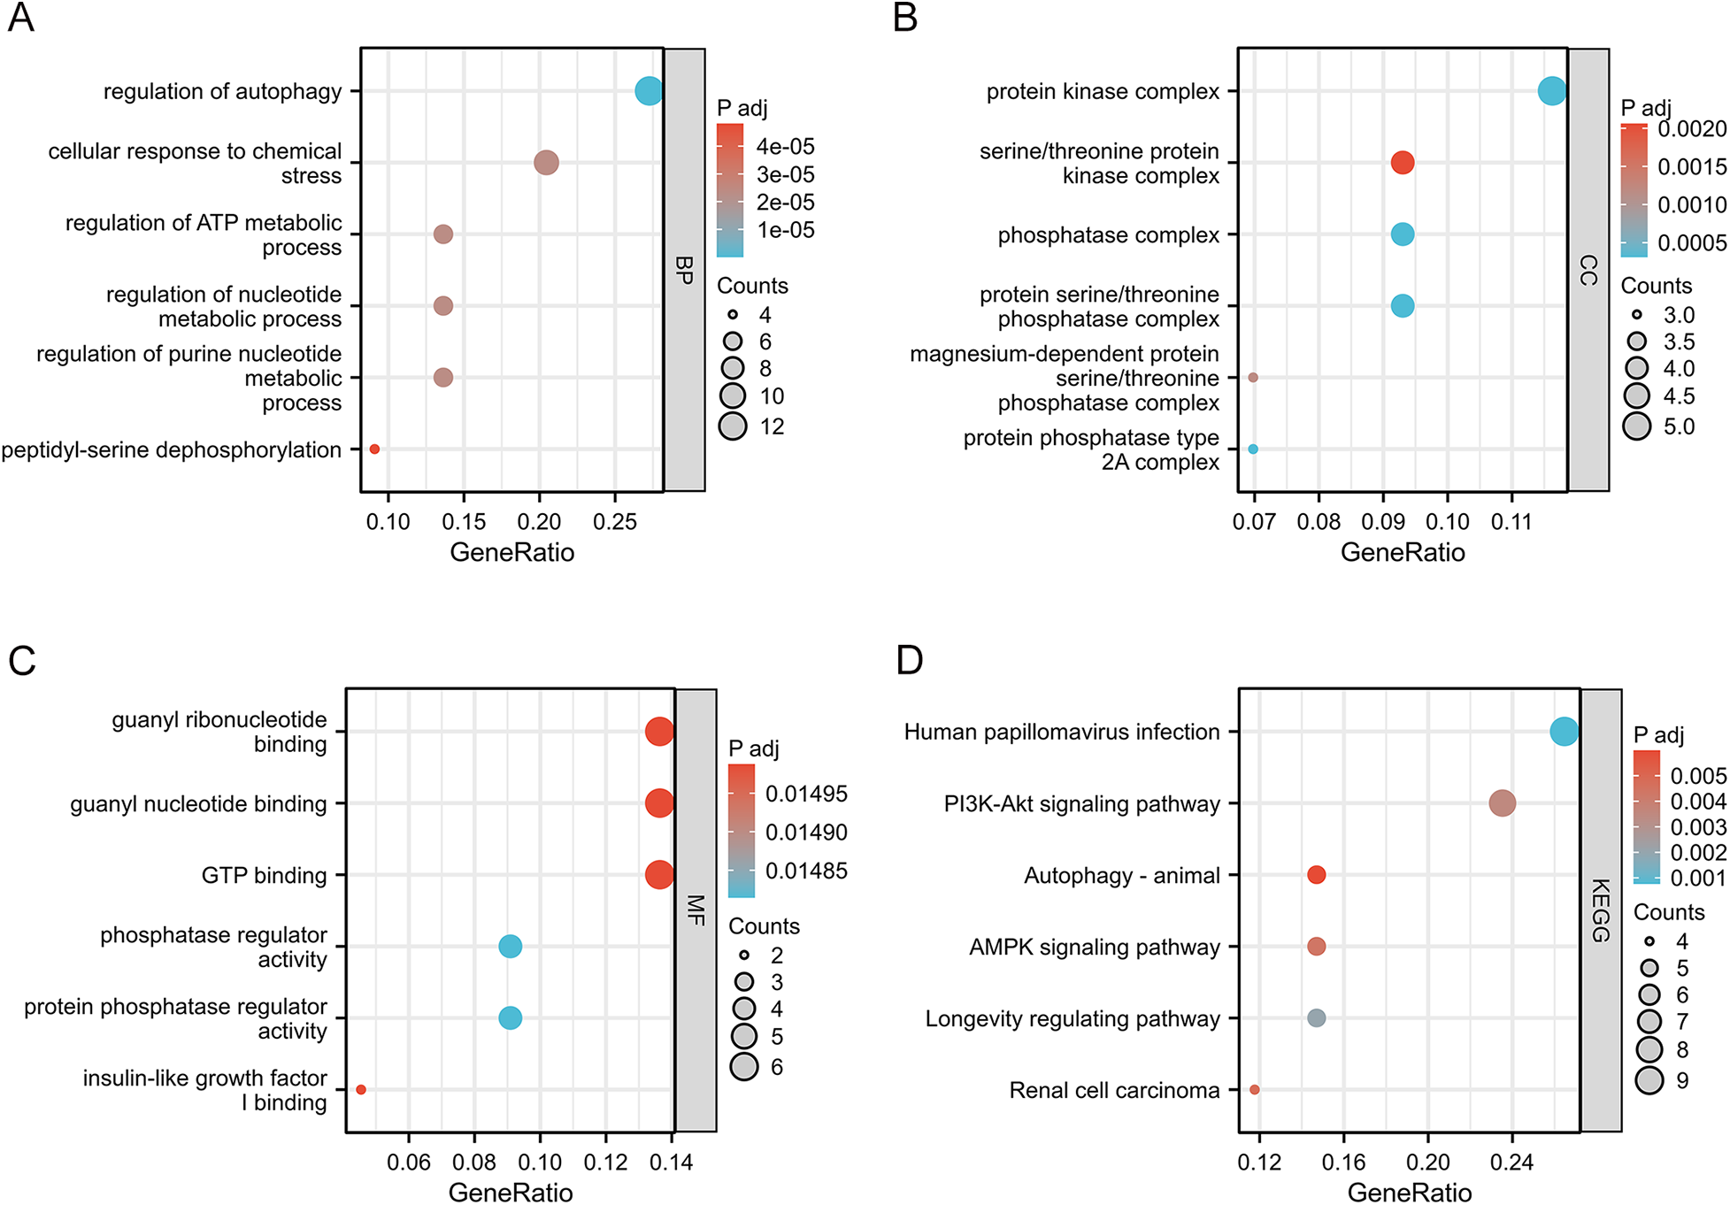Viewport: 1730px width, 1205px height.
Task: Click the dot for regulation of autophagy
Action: tap(649, 91)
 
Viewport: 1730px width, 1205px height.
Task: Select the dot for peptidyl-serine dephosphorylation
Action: tap(374, 449)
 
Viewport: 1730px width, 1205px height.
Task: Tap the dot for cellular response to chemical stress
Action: tap(546, 163)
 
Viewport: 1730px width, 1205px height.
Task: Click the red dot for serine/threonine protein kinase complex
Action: tap(1402, 163)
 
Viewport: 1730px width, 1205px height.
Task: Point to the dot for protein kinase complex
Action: tap(1551, 91)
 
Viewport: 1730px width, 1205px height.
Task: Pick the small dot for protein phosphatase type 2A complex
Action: tap(1253, 449)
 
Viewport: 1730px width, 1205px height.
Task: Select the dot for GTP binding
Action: tap(658, 875)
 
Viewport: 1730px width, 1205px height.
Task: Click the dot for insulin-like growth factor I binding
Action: tap(361, 1090)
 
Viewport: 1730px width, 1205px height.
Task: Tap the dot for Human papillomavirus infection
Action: tap(1564, 732)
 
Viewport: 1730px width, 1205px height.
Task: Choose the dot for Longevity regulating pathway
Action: tap(1316, 1018)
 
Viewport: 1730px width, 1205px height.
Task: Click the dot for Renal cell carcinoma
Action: tap(1255, 1090)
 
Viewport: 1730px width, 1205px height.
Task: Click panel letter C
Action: tap(22, 662)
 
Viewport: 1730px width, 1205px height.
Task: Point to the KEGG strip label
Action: tap(1601, 910)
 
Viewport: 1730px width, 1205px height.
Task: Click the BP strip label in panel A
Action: tap(684, 270)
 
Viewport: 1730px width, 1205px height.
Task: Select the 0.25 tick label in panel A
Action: tap(615, 522)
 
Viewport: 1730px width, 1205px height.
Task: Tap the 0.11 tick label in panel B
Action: tap(1511, 522)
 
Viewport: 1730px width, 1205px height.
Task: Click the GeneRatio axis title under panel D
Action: tap(1409, 1193)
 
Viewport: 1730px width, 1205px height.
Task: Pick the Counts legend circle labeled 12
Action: tap(733, 426)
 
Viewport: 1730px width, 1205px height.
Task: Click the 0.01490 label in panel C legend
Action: tap(806, 833)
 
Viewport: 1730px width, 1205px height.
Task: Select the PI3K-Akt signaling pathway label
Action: tap(1081, 804)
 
